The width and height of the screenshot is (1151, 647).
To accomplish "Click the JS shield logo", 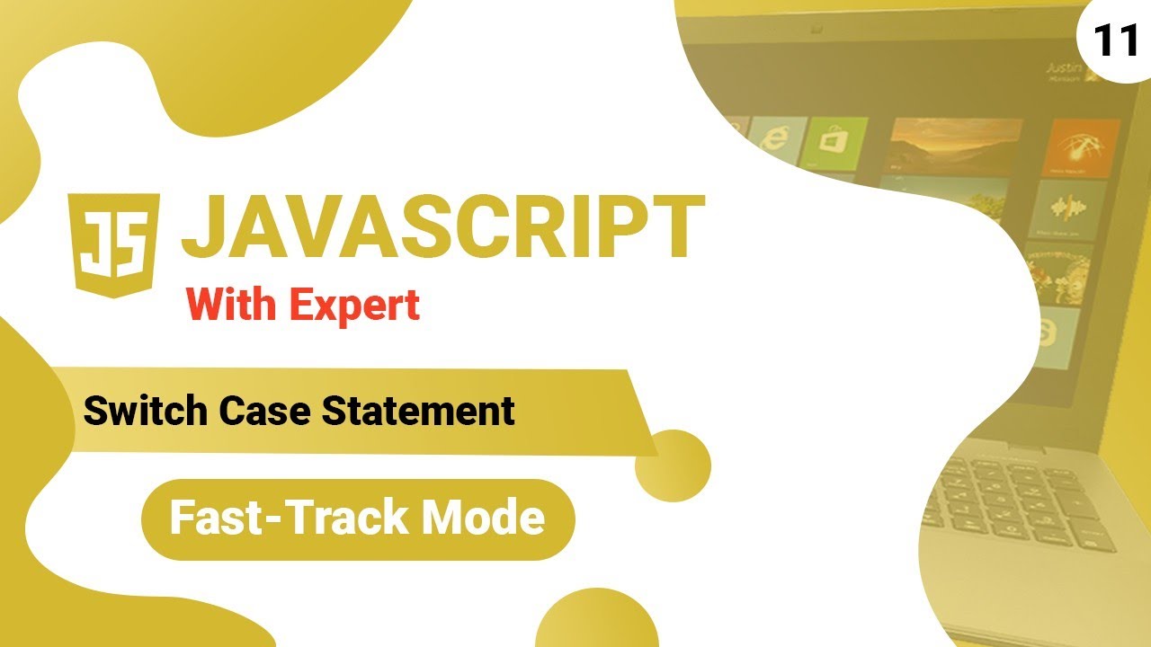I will click(x=113, y=245).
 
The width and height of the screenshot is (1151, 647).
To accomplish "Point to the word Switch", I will click(x=145, y=412).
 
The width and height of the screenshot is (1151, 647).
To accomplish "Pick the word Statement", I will click(x=418, y=412).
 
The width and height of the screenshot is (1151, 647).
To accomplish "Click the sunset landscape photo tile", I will click(x=955, y=146).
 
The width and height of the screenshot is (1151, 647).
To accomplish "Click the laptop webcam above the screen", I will click(x=816, y=30).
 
